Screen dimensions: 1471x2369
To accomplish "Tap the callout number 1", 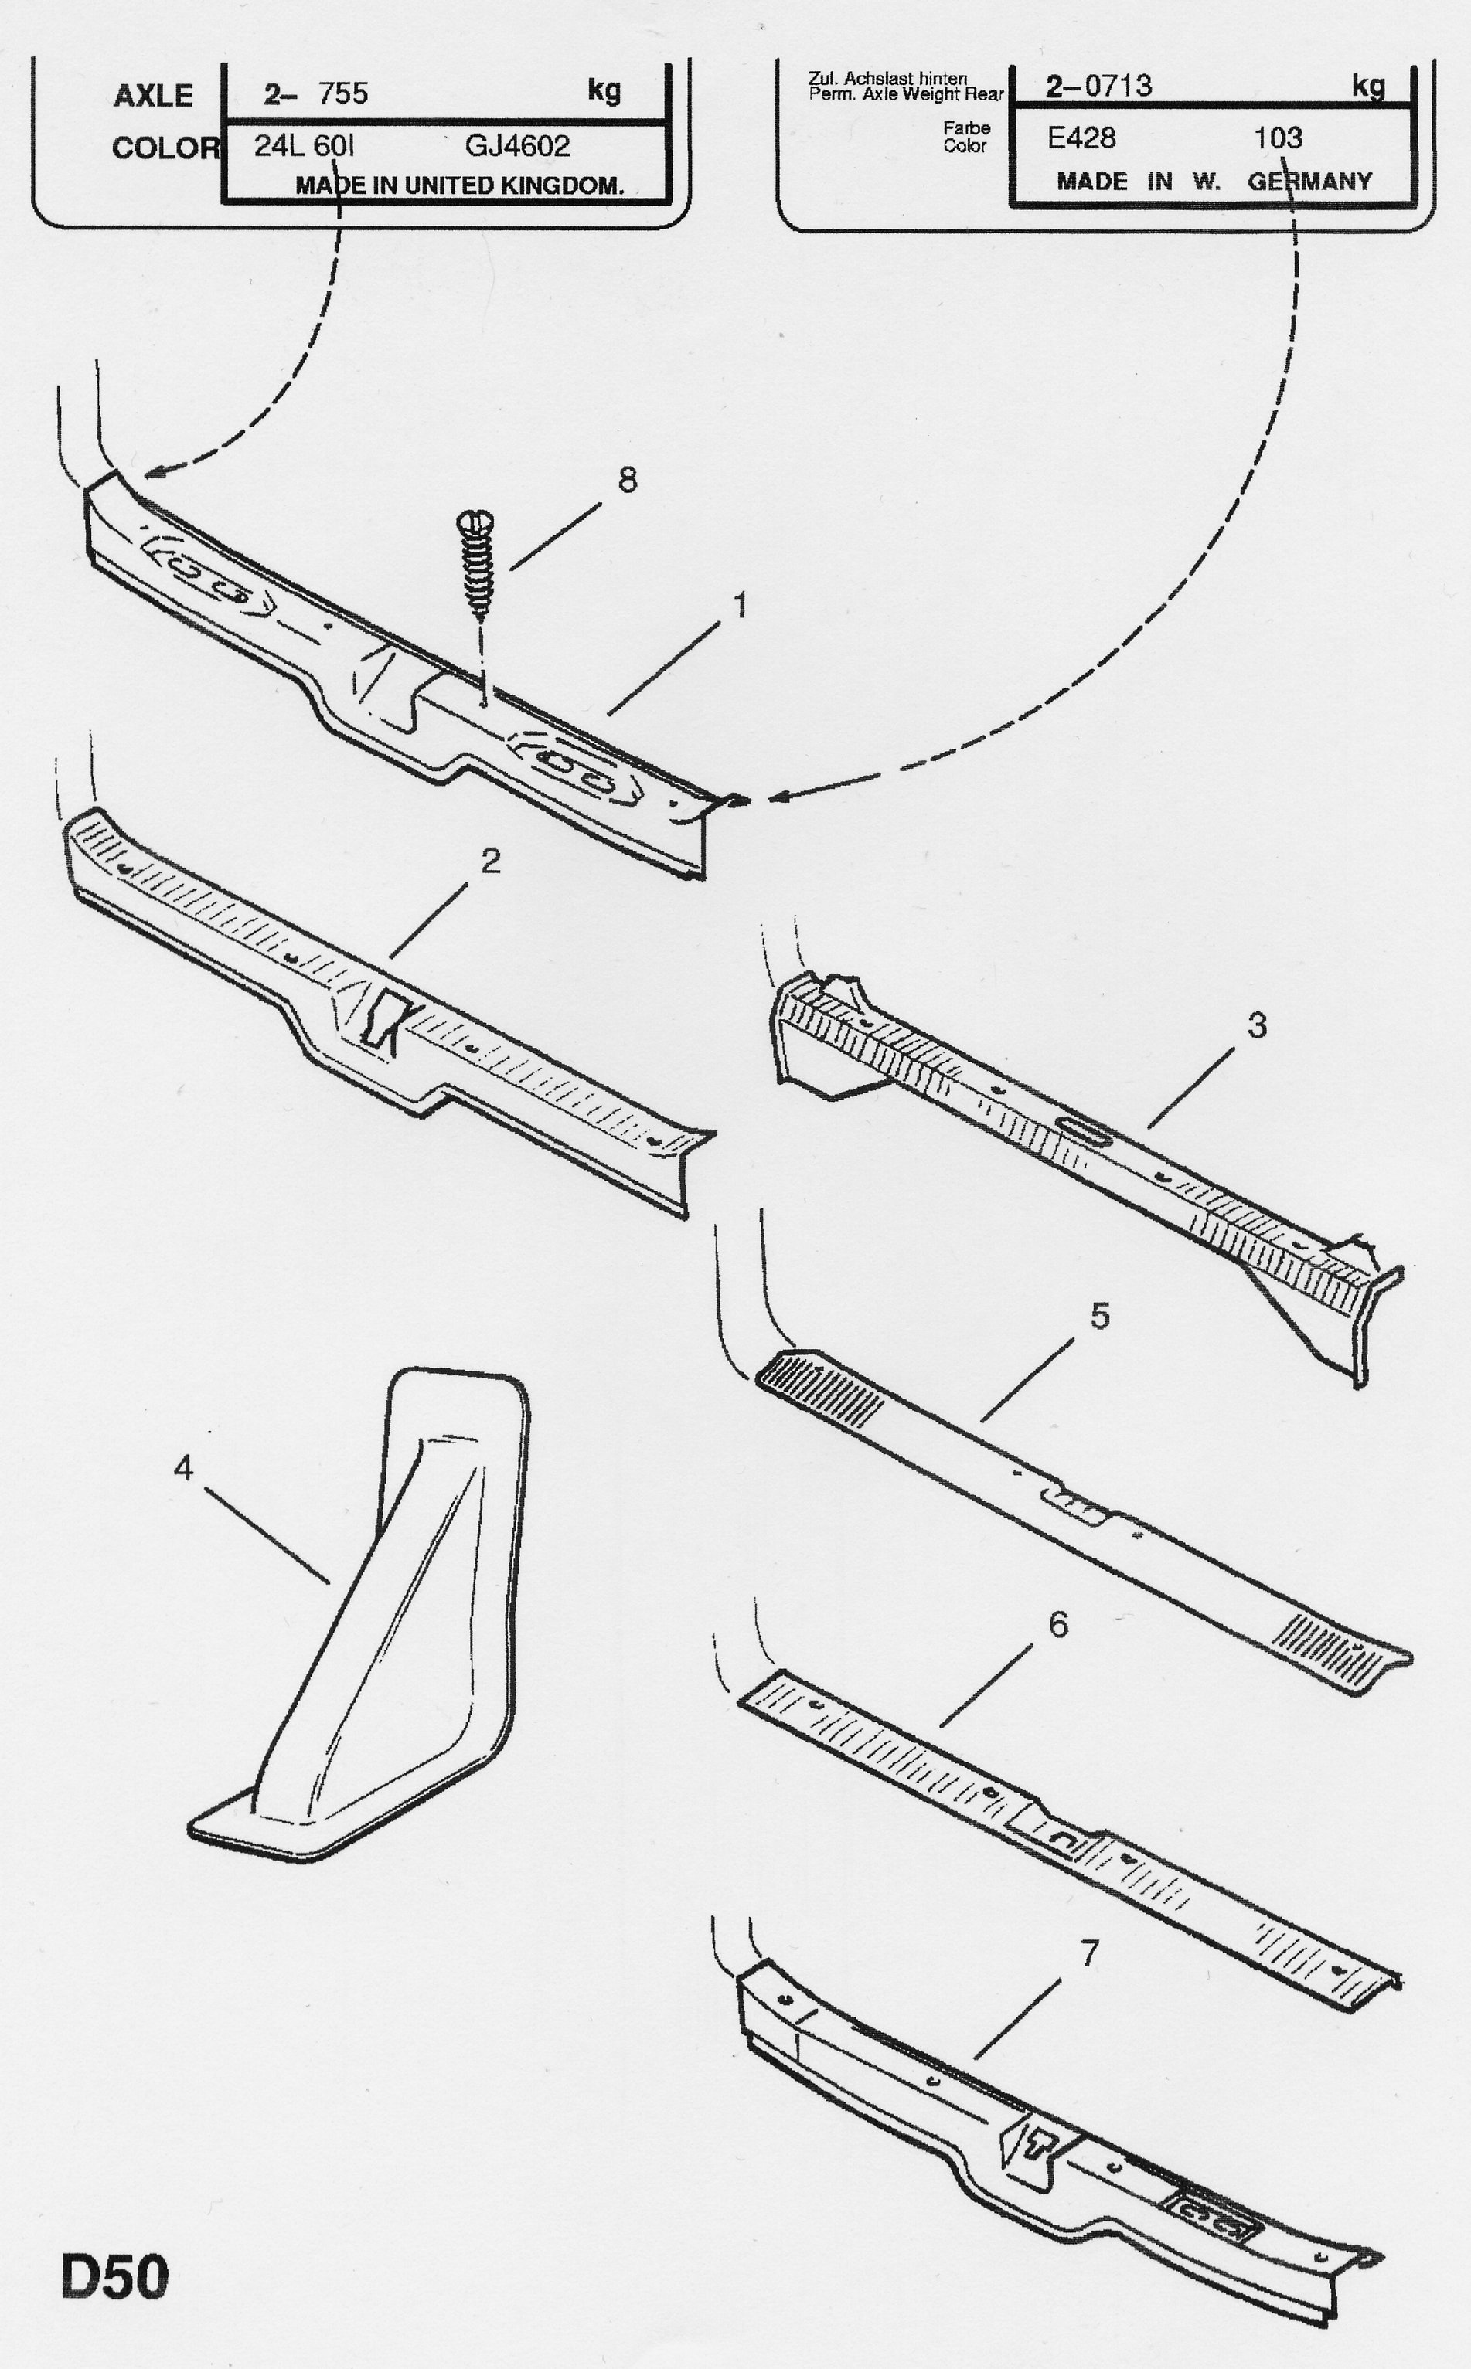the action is click(x=740, y=605).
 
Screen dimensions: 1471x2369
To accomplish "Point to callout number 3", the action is click(x=1257, y=1025).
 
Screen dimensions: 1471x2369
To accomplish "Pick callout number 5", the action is click(x=1099, y=1316).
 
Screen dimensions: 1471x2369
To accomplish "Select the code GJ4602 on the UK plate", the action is click(x=516, y=146).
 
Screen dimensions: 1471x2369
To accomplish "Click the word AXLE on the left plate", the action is click(x=153, y=95).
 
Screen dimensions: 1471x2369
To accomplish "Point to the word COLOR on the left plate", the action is click(x=165, y=148).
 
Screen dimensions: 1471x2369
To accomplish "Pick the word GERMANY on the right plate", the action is click(x=1309, y=181).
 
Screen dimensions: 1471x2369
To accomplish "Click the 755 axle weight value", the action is click(x=342, y=93).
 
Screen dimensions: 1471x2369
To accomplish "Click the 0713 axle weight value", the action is click(x=1118, y=86).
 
